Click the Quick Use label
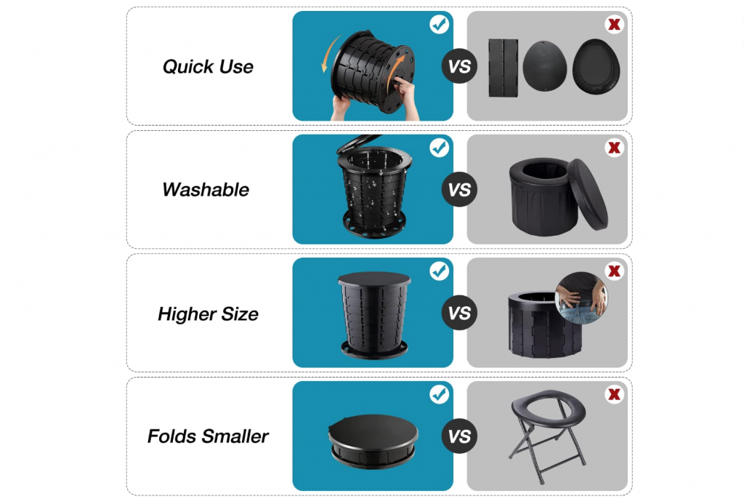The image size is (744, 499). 208,66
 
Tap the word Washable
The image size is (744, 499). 206,190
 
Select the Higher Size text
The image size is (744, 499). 208,314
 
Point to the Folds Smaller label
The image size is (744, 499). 208,436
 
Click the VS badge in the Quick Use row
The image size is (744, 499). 459,66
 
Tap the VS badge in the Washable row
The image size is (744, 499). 459,189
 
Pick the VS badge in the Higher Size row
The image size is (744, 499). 459,313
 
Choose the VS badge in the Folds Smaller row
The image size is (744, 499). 459,436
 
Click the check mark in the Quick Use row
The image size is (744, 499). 439,24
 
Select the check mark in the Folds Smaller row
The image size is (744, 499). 439,394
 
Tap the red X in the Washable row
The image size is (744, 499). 614,148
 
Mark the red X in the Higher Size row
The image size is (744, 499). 614,271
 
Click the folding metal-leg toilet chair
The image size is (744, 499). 548,435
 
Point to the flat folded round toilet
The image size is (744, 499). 373,442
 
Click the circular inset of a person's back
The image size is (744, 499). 581,298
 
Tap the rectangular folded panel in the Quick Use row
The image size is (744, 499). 503,68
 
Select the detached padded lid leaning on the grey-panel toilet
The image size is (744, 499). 587,193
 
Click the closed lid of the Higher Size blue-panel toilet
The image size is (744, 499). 374,279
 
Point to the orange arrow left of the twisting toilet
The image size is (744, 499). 330,53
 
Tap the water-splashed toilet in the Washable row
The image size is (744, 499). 373,187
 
